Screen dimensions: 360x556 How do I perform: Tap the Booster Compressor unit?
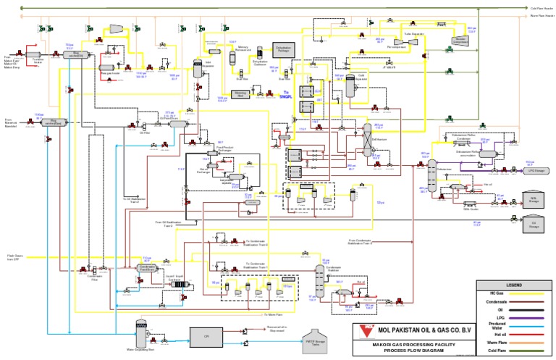[x=459, y=40]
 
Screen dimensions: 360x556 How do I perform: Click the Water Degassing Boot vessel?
[x=142, y=332]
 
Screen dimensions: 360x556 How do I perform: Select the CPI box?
[x=206, y=336]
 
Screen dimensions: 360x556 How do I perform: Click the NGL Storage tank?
[x=533, y=199]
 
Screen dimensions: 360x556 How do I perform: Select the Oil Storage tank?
[x=533, y=225]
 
